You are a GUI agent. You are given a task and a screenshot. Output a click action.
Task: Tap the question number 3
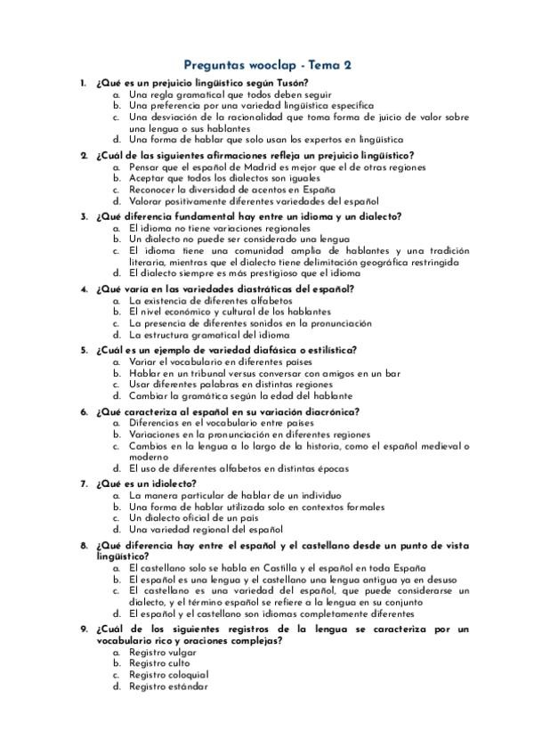tap(83, 216)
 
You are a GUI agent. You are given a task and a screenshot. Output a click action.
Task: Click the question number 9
tap(83, 629)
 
